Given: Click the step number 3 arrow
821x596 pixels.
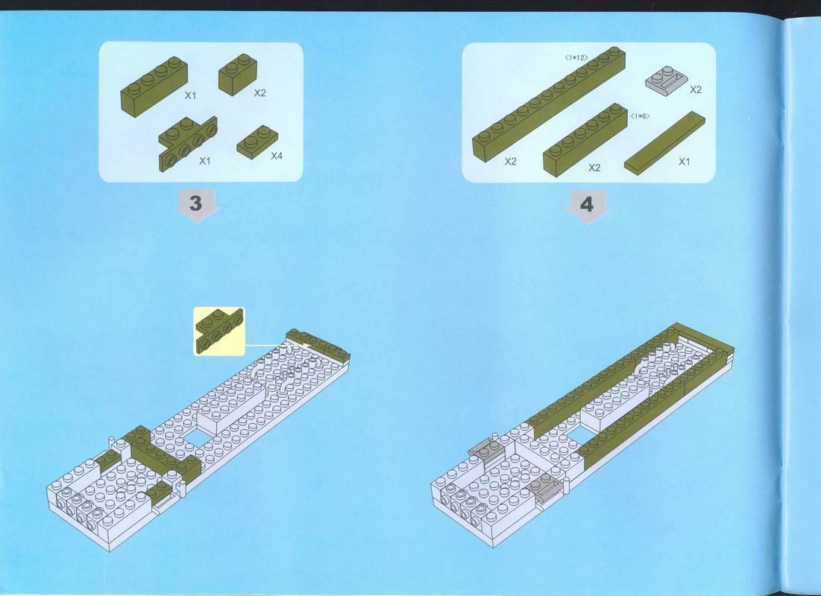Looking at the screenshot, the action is (x=196, y=205).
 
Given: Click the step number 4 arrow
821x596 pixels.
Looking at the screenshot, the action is (x=588, y=206).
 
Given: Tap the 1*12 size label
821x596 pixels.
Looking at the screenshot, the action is (x=576, y=58).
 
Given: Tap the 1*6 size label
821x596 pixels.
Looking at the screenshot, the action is (x=640, y=116).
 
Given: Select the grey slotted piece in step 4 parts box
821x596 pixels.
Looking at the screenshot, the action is (x=667, y=81).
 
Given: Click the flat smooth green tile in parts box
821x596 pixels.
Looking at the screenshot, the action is (x=664, y=143).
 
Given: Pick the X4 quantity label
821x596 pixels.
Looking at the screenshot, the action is (x=277, y=156).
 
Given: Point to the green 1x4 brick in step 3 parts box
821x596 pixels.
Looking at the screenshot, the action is (x=154, y=86).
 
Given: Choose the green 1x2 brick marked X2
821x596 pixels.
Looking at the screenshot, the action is (x=238, y=74).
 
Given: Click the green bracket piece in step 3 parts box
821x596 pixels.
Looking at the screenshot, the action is (x=188, y=143).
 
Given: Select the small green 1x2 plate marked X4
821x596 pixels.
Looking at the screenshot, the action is (x=257, y=142).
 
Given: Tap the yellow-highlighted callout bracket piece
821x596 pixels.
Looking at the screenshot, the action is (x=219, y=332).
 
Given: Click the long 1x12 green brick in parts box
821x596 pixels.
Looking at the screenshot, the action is (x=549, y=104).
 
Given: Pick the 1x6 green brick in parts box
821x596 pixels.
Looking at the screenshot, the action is (x=585, y=140).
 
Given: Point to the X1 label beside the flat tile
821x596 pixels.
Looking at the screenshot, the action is (x=685, y=162).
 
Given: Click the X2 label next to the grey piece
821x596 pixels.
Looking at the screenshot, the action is (x=695, y=89).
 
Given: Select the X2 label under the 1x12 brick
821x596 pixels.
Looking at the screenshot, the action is (x=511, y=162).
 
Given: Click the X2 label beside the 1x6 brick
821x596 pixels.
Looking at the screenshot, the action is (x=594, y=168).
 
